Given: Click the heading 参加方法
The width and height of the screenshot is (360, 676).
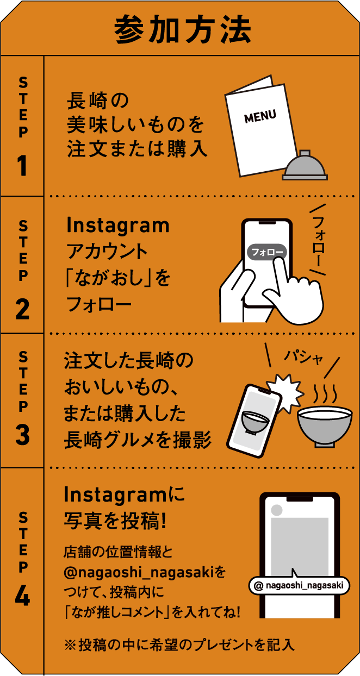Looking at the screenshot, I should [182, 30].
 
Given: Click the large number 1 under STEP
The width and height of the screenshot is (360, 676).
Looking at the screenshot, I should [22, 166].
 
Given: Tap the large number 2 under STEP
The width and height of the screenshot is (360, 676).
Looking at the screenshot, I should [22, 309].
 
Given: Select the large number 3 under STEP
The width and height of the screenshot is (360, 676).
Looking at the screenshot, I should [22, 435].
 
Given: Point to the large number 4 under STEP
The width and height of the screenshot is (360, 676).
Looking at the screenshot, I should [22, 596].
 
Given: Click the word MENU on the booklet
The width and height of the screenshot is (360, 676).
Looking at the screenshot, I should [260, 116].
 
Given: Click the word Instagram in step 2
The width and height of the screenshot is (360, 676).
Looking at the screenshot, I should [117, 225].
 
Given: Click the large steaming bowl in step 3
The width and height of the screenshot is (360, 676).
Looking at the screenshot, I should [324, 423].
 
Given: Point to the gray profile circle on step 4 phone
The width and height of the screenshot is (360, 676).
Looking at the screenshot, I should [277, 510].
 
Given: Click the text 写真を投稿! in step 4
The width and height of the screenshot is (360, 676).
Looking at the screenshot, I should [115, 522].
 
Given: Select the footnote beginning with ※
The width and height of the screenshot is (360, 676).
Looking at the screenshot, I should [179, 644].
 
